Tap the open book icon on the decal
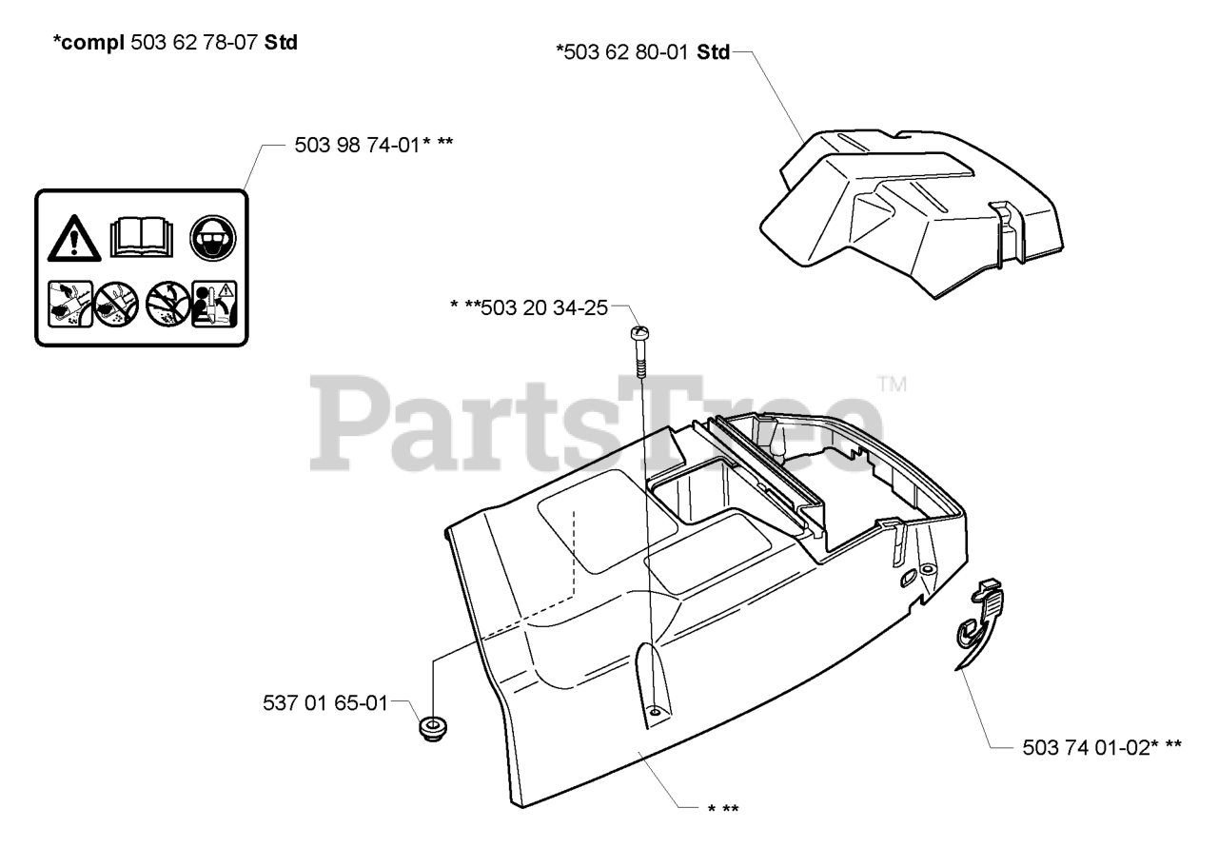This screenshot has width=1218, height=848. tap(143, 236)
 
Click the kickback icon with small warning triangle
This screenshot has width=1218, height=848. tap(214, 304)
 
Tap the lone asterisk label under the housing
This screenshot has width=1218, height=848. tap(723, 809)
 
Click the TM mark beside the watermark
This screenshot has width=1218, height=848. tap(892, 386)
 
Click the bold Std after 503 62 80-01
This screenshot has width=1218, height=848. tap(713, 52)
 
